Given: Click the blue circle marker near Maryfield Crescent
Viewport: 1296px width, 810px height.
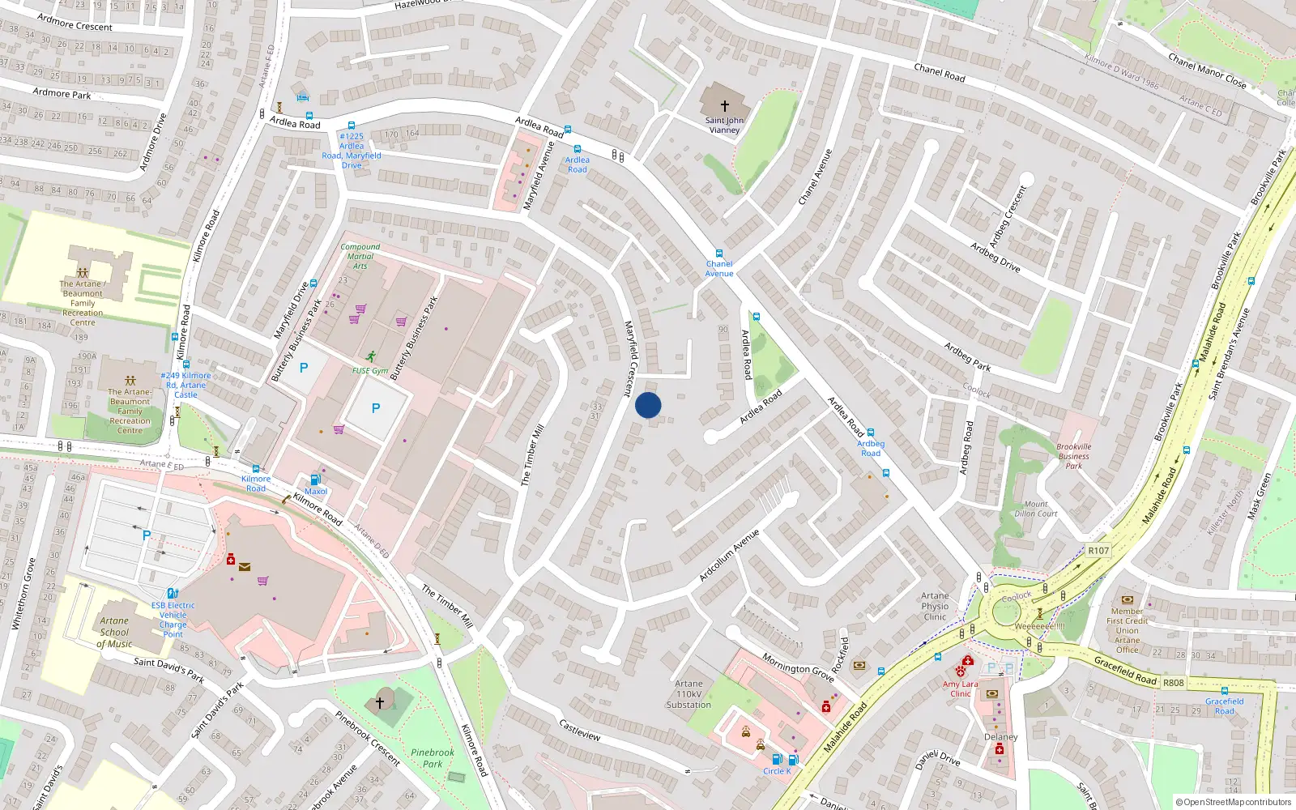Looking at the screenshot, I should coord(648,405).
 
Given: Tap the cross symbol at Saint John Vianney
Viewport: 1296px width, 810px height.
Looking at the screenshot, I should coord(724,105).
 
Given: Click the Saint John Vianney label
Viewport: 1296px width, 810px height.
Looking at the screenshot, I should coord(724,125).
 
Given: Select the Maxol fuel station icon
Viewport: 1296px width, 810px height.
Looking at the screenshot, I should coord(316,480).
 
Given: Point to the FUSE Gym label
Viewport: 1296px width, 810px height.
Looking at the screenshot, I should coord(369,371).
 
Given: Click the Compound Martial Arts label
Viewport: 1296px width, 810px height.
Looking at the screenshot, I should coord(360,256).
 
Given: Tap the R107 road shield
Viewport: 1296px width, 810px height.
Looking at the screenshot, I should coord(1098,551).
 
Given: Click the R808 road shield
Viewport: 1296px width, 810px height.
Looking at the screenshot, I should coord(1173,683).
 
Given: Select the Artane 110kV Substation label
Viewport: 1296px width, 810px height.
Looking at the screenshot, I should coord(688,694).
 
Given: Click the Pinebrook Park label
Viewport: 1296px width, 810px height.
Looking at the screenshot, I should coord(433,757).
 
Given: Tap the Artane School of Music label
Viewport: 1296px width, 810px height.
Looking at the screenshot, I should coord(114,632).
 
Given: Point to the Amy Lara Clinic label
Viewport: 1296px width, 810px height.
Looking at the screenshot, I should coord(960,688).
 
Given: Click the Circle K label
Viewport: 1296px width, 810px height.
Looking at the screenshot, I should coord(777,771).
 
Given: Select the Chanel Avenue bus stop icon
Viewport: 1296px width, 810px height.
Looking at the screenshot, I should coord(718,254).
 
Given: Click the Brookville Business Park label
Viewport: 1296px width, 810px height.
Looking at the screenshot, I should coord(1073,456).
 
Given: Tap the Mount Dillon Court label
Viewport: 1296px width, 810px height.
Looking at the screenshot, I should coord(1035,509).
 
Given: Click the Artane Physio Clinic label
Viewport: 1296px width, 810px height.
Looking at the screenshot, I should coord(935,606).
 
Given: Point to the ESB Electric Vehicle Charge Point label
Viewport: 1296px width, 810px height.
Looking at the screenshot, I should coord(173,620).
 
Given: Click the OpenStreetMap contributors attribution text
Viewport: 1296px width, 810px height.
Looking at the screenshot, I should coord(1233,802).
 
